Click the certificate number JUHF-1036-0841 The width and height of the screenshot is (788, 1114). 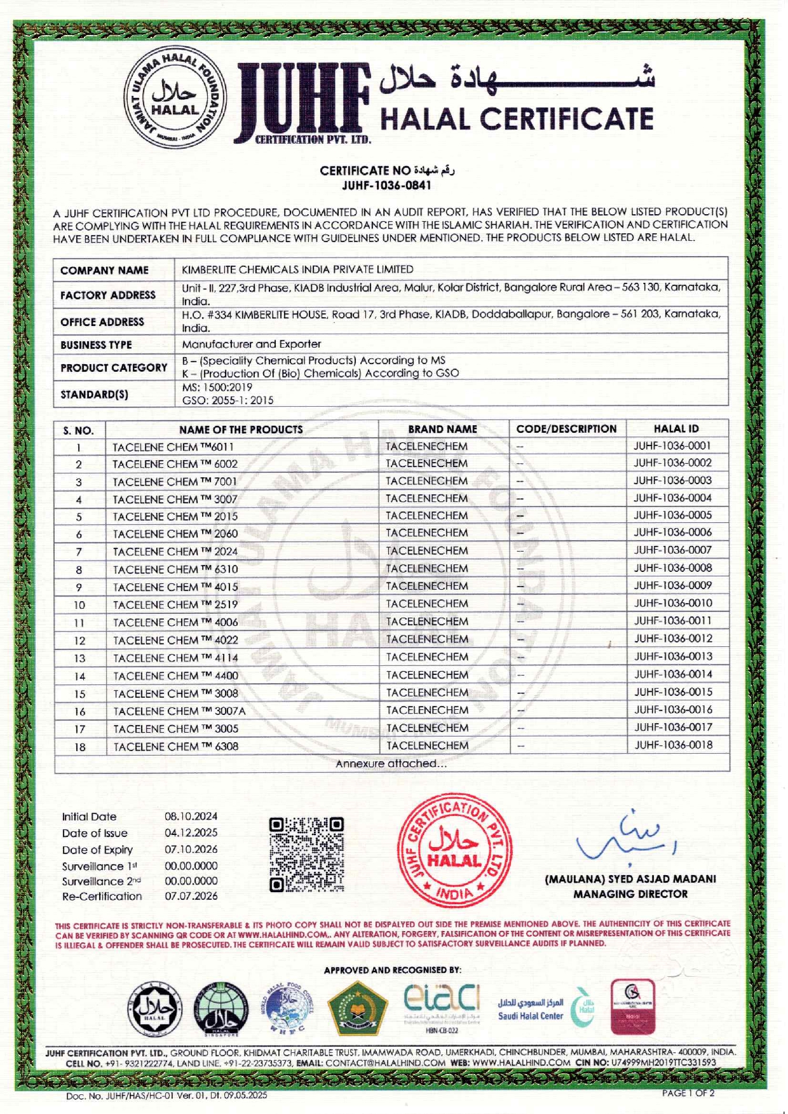386,186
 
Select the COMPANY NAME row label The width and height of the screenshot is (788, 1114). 104,271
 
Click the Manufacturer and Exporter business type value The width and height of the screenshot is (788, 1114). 252,344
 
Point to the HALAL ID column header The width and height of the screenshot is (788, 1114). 676,429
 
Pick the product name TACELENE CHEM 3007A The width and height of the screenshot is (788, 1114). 179,711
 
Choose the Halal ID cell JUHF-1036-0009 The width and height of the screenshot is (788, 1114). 673,585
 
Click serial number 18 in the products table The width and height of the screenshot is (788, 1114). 79,747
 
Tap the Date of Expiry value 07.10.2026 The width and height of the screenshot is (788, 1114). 191,850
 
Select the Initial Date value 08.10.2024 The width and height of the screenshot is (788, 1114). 191,817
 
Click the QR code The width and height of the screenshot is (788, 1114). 306,855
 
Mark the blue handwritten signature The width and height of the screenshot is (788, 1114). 626,839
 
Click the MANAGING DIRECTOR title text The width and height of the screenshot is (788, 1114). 630,894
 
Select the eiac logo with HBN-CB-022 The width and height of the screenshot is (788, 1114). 442,1007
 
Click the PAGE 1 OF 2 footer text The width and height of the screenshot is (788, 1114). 688,1093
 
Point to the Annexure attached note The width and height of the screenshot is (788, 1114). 391,764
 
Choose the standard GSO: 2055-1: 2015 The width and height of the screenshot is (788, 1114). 228,400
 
